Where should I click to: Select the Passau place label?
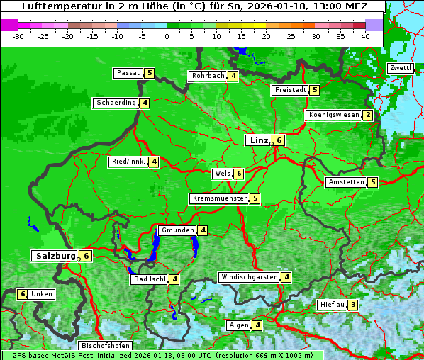pos(129,73)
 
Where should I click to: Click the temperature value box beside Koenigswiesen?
pos(367,115)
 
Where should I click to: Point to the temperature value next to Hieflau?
pos(353,305)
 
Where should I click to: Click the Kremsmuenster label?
pos(220,198)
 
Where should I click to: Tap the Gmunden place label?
pos(177,230)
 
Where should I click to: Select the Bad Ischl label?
pos(150,279)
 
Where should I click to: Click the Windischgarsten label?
pos(249,277)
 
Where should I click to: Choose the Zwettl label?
pos(400,68)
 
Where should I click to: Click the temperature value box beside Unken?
pos(22,294)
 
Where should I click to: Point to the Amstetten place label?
pos(346,182)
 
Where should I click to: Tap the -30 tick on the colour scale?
pos(19,36)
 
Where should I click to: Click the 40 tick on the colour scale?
pos(365,36)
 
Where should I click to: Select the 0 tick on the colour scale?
pos(167,36)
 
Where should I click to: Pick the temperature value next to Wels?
pos(239,174)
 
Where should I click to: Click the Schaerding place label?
pos(116,103)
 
